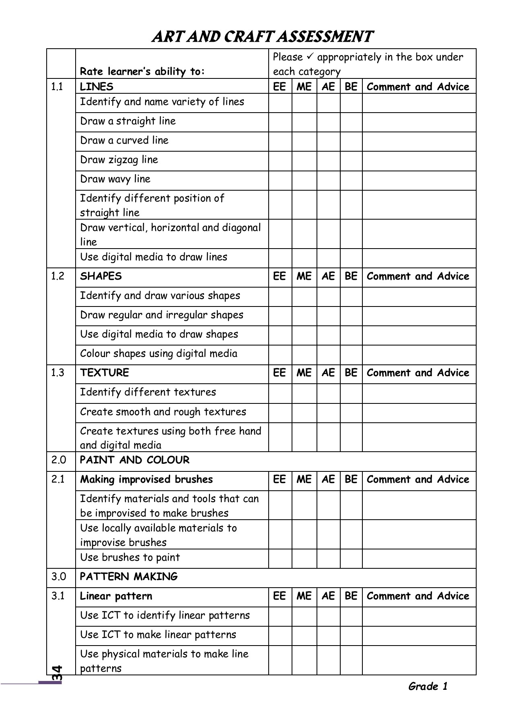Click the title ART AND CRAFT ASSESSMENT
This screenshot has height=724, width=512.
pos(262,37)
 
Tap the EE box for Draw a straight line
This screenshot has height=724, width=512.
pos(280,122)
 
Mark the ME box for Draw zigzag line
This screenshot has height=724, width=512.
pos(304,161)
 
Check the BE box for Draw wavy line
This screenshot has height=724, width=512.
pos(351,180)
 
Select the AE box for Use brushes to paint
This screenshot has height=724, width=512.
pos(328,558)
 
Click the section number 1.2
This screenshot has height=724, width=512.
pos(58,276)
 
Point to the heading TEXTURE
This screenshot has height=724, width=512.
pos(105,373)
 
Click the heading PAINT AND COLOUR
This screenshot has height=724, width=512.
pos(134,460)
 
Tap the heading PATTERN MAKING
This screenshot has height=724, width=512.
pos(129,577)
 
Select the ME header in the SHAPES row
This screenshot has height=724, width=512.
pos(304,276)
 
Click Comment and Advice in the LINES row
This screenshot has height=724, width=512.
pos(418,87)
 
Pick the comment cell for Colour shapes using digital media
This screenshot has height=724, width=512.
pos(419,355)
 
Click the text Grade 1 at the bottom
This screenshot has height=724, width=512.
pos(428,686)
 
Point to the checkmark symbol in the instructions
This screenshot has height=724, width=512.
pos(310,57)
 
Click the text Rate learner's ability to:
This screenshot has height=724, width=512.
pos(142,72)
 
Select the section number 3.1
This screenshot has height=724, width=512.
pos(58,596)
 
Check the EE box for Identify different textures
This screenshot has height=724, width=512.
pos(280,393)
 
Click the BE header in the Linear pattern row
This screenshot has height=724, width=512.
pos(351,596)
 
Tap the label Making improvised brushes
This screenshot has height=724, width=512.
pos(146,479)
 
